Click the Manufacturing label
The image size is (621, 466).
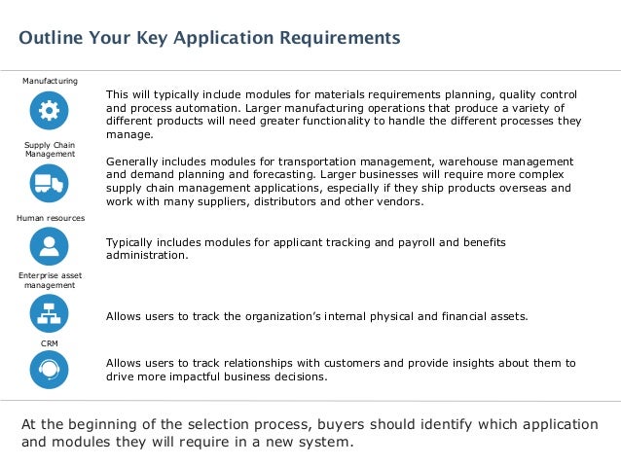[x=51, y=80]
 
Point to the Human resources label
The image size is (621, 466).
[x=51, y=218]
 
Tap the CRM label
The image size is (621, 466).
[x=49, y=342]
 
